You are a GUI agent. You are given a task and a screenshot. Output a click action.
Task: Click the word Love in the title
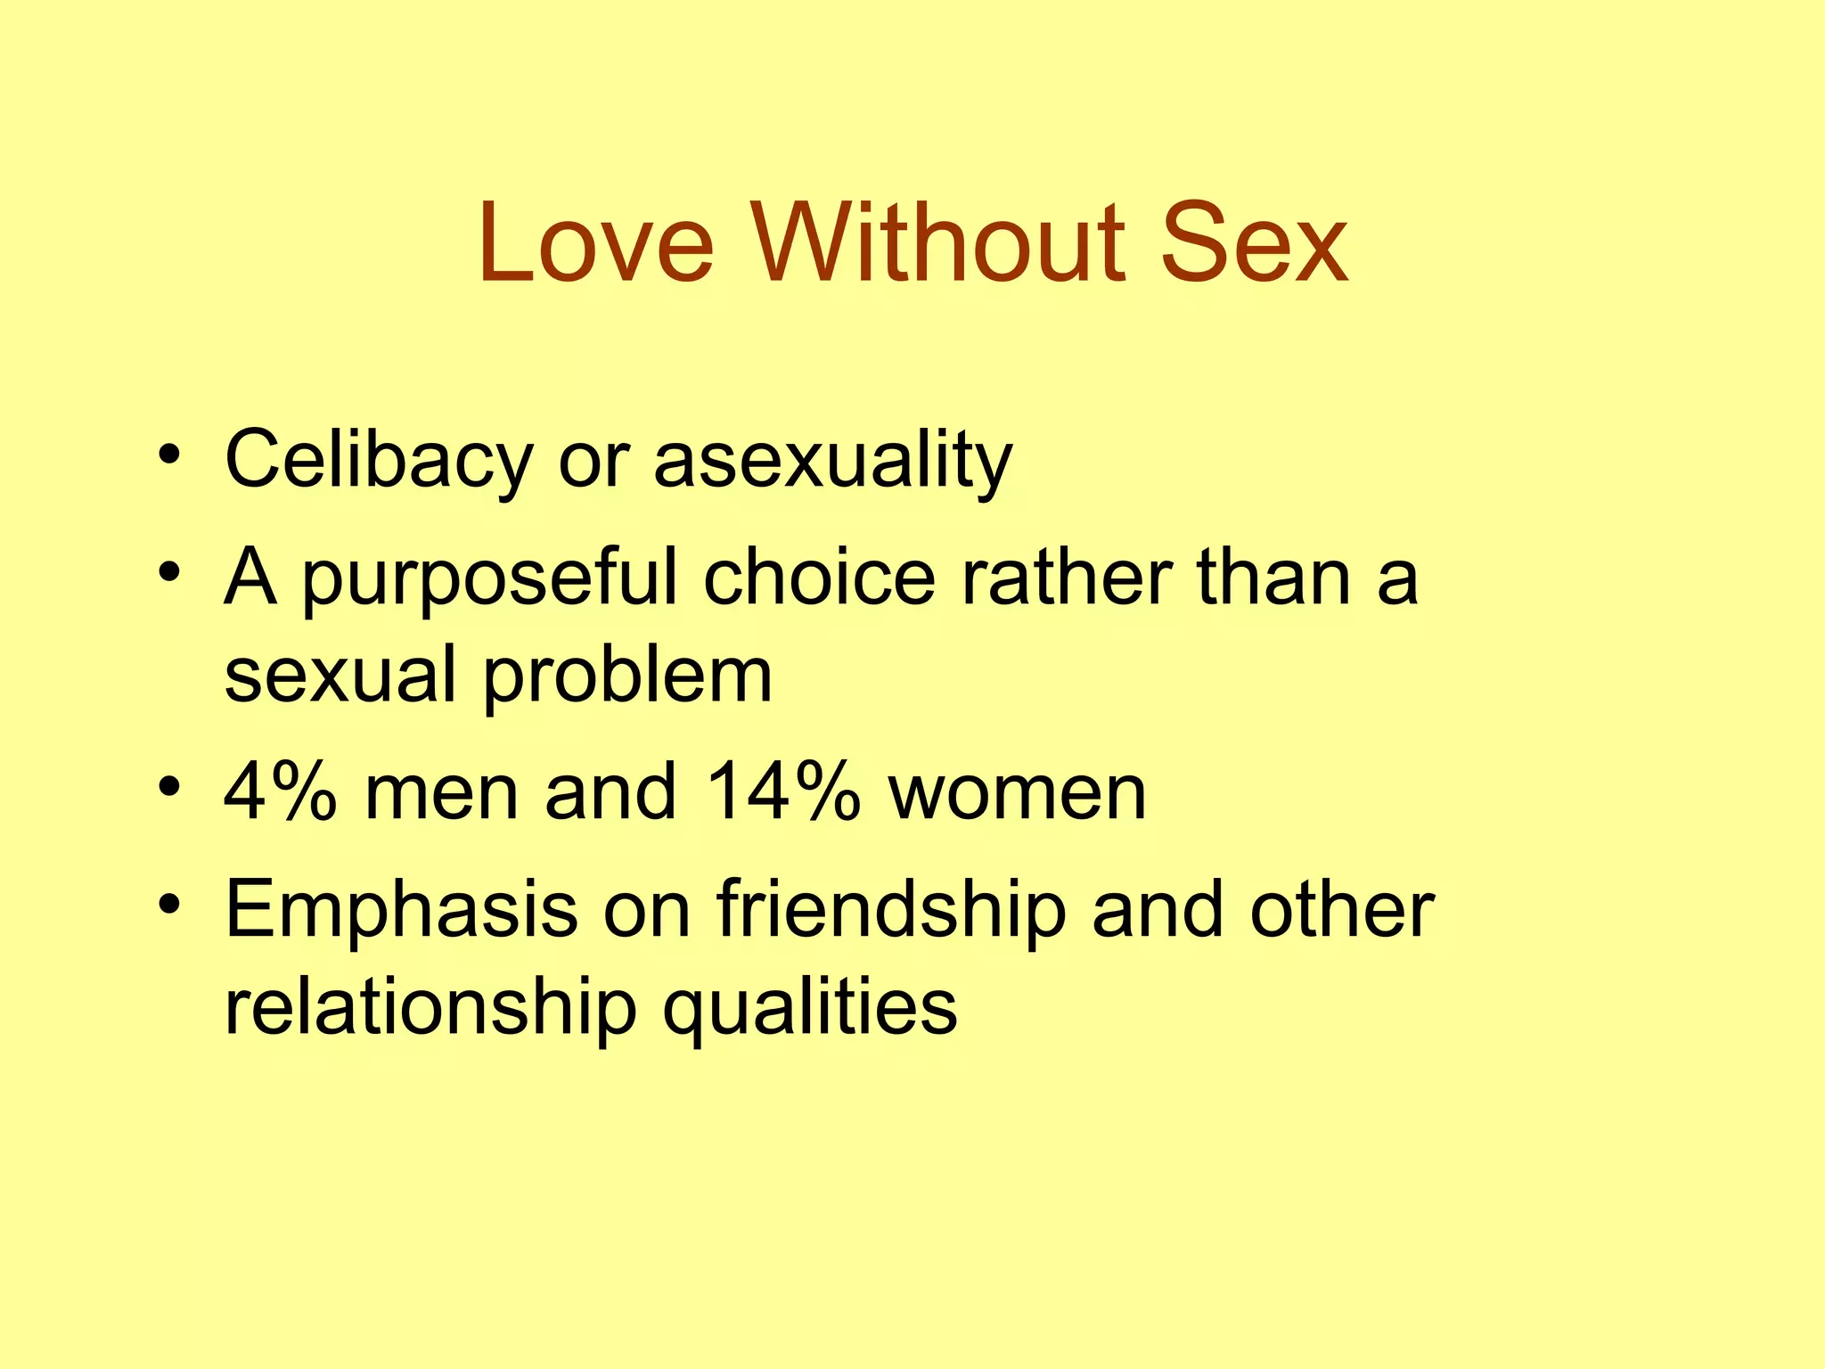(595, 242)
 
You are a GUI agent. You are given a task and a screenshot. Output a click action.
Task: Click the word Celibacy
(378, 461)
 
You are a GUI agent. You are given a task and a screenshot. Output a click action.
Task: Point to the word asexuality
(832, 461)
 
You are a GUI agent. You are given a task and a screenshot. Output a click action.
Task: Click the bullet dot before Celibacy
(169, 456)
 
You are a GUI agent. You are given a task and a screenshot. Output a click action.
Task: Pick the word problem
(627, 677)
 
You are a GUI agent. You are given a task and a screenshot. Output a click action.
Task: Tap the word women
(1017, 793)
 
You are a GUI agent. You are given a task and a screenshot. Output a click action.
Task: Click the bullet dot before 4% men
(169, 788)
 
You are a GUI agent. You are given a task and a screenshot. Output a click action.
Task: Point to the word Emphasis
(401, 911)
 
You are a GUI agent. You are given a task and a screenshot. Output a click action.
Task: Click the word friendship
(891, 911)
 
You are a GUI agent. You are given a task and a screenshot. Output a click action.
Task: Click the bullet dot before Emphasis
(169, 906)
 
